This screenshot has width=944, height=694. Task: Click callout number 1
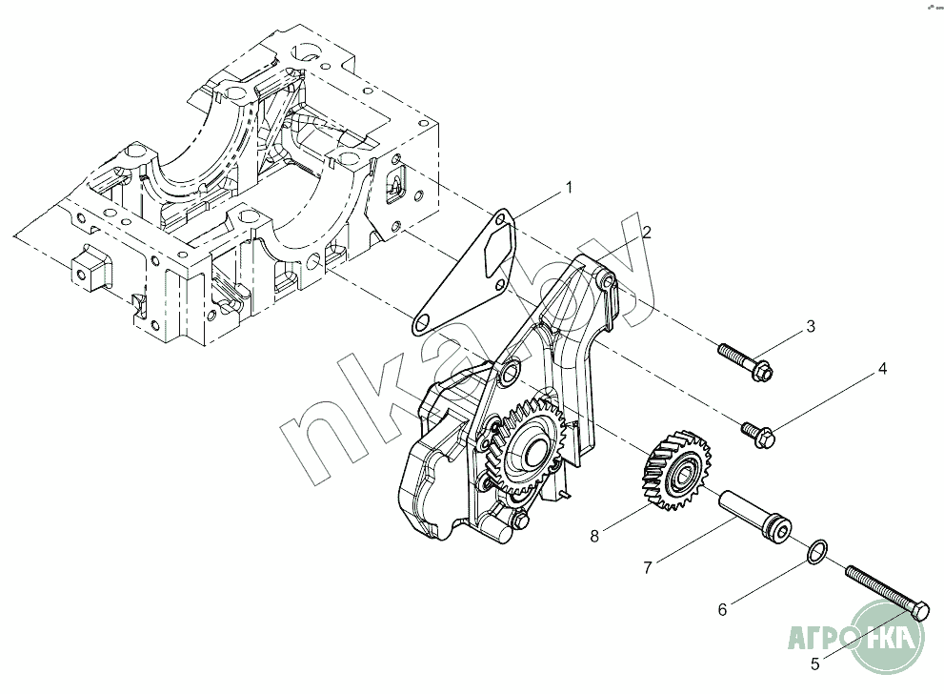[569, 187]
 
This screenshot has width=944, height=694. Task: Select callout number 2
[646, 232]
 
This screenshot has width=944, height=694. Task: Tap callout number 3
[811, 327]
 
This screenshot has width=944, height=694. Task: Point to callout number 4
[882, 368]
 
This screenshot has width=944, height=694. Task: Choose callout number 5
[814, 663]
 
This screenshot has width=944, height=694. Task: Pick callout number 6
[722, 606]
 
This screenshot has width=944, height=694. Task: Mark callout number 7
[648, 568]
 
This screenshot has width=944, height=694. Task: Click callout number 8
[594, 536]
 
